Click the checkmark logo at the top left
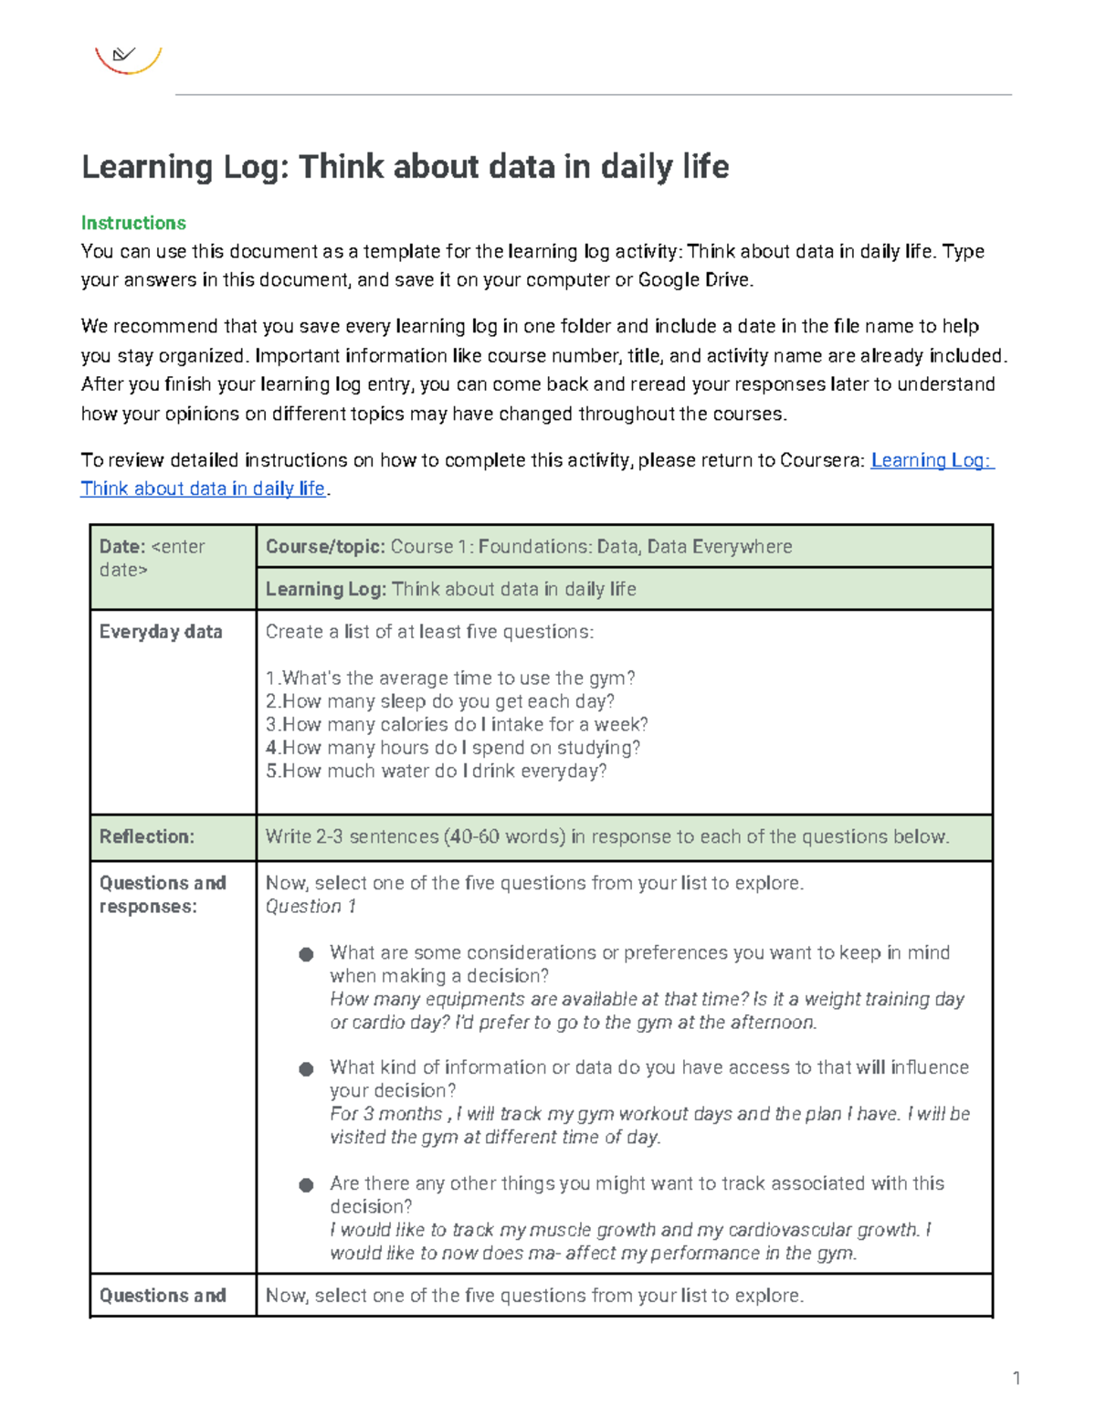point(127,58)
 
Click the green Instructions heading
point(133,223)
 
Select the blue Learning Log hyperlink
point(932,460)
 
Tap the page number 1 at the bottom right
point(1016,1378)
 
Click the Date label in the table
point(122,546)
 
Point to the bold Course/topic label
point(324,546)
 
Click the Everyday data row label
point(161,632)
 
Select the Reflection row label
point(146,836)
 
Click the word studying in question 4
point(600,748)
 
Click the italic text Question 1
point(311,906)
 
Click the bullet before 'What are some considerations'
point(306,954)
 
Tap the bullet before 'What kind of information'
point(306,1068)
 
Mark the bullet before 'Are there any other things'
point(306,1184)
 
